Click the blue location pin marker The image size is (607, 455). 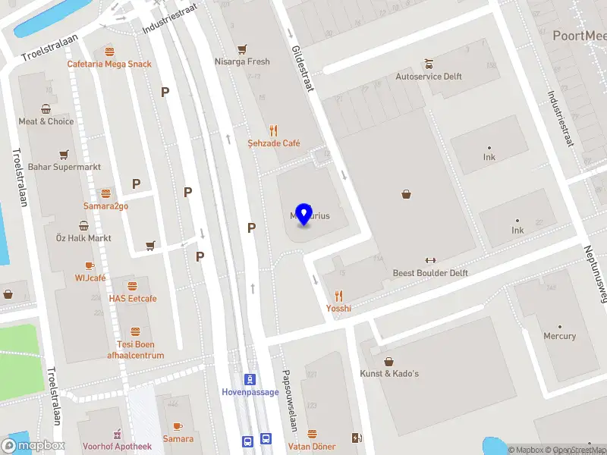[x=303, y=214]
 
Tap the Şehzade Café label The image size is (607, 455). [x=274, y=143]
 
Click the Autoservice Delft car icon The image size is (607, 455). [x=429, y=64]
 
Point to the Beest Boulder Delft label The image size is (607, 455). [x=430, y=273]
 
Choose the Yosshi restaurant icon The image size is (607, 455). [x=338, y=296]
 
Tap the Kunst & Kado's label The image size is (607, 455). [x=390, y=374]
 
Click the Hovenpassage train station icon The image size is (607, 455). [x=249, y=379]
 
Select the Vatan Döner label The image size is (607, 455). [x=311, y=447]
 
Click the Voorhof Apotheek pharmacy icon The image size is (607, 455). [x=117, y=434]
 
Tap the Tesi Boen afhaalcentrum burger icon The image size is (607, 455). [x=135, y=332]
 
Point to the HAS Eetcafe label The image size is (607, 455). [x=133, y=299]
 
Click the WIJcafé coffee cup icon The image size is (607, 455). [x=90, y=265]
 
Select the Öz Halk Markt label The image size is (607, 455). [x=83, y=238]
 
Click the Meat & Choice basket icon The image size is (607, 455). [x=46, y=108]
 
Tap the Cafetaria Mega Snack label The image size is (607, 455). [x=109, y=64]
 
